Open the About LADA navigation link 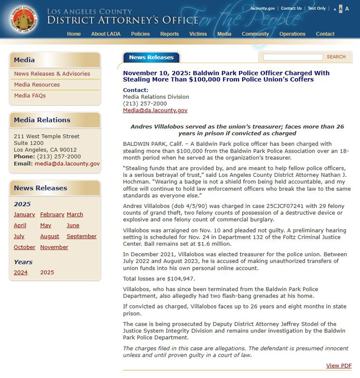click(105, 34)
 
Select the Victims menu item click(198, 34)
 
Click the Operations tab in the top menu click(292, 34)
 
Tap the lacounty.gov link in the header click(262, 8)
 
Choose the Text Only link click(317, 8)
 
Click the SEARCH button click(336, 57)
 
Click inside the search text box click(293, 57)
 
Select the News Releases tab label click(151, 58)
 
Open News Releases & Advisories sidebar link click(52, 74)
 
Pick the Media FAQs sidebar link click(30, 96)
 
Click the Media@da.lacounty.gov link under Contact click(155, 111)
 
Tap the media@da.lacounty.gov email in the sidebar click(67, 164)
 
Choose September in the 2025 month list click(81, 237)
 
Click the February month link click(52, 214)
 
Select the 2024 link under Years click(21, 273)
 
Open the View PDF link click(339, 366)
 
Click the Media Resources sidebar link click(37, 85)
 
